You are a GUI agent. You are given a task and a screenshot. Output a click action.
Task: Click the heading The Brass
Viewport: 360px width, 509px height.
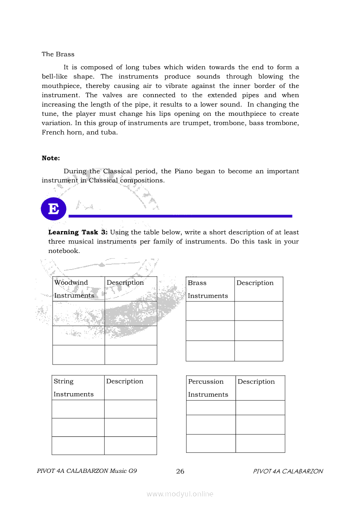[x=58, y=54]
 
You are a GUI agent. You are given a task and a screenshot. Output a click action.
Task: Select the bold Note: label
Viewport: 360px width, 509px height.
[x=51, y=158]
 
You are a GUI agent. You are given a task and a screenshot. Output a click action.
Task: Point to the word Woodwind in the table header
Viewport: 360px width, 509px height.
[x=71, y=283]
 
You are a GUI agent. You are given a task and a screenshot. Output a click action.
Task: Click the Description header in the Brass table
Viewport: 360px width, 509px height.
[x=255, y=283]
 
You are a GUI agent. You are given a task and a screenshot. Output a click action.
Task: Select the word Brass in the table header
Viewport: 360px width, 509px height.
[x=197, y=283]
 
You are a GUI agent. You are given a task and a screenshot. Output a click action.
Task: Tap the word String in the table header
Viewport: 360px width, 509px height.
[x=64, y=381]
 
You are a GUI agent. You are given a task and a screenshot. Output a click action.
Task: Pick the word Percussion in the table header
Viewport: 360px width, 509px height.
[x=206, y=382]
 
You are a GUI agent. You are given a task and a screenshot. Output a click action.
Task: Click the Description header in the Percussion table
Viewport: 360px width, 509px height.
[x=256, y=382]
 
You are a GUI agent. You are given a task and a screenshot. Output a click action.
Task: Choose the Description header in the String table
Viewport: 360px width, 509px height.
[x=125, y=381]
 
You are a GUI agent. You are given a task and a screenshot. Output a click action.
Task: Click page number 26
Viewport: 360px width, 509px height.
[x=180, y=472]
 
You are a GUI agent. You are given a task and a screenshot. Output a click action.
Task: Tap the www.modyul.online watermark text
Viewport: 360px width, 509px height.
[x=180, y=494]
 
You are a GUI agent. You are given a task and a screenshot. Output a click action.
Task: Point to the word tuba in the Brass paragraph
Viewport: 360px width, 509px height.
[x=109, y=132]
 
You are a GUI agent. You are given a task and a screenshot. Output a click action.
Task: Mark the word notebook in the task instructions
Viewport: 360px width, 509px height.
[x=64, y=251]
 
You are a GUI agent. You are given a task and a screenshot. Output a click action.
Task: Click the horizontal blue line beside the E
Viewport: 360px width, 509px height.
[x=180, y=216]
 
